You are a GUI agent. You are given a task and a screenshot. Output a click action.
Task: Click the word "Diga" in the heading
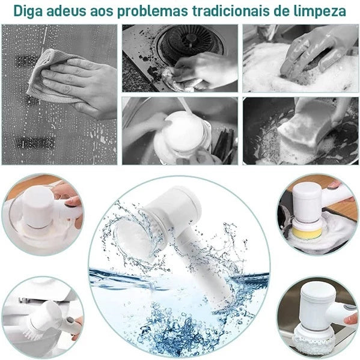(x=29, y=11)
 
